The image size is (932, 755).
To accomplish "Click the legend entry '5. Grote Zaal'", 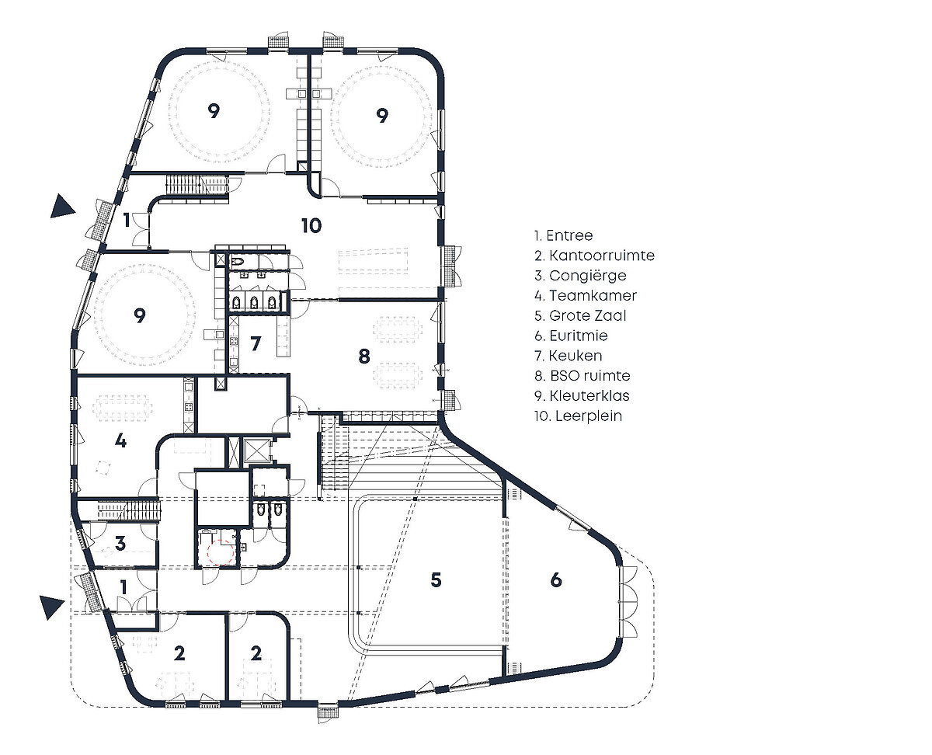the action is (580, 315).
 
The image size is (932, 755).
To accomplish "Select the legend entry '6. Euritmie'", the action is (571, 336).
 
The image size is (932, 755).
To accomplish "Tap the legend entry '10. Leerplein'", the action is (578, 416).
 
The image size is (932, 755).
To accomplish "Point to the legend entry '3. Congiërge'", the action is (580, 276).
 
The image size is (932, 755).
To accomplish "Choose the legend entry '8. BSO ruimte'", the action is (582, 375).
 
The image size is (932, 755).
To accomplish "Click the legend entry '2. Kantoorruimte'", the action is (594, 256).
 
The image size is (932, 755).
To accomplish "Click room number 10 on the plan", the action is (311, 226).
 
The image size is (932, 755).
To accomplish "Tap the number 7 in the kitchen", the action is (256, 343).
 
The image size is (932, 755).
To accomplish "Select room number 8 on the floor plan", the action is (364, 357).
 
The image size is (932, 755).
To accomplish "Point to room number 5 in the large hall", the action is (436, 579).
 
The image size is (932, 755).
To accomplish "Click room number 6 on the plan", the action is (555, 579).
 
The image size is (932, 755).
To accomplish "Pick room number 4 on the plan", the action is (120, 440).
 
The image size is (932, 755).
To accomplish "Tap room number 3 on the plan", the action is (120, 543).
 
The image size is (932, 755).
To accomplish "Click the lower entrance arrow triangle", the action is (51, 607).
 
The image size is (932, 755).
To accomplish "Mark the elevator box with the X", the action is (255, 451).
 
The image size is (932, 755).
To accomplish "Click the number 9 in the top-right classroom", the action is (382, 116).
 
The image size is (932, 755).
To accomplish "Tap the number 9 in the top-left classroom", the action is (214, 111).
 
